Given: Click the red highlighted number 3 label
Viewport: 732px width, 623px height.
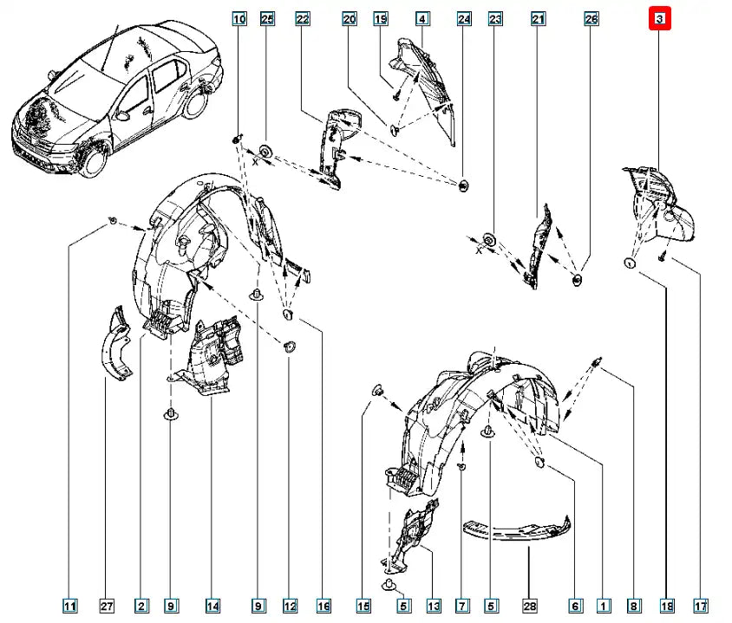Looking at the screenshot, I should pyautogui.click(x=660, y=18).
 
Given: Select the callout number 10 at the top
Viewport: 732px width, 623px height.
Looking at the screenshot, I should pyautogui.click(x=239, y=18).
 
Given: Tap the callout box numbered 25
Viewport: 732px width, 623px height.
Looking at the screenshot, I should pyautogui.click(x=267, y=18).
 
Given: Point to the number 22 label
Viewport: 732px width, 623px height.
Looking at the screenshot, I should pyautogui.click(x=303, y=18).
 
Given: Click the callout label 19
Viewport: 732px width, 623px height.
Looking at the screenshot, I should pyautogui.click(x=380, y=18).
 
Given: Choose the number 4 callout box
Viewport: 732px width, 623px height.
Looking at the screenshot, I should pyautogui.click(x=422, y=18).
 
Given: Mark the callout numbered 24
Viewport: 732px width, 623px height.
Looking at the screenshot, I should pyautogui.click(x=464, y=18).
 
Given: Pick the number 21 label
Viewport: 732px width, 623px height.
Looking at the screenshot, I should pyautogui.click(x=538, y=18).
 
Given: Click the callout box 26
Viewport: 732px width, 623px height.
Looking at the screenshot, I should pyautogui.click(x=591, y=18).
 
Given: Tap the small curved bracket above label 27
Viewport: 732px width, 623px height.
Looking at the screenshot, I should pyautogui.click(x=114, y=346).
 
